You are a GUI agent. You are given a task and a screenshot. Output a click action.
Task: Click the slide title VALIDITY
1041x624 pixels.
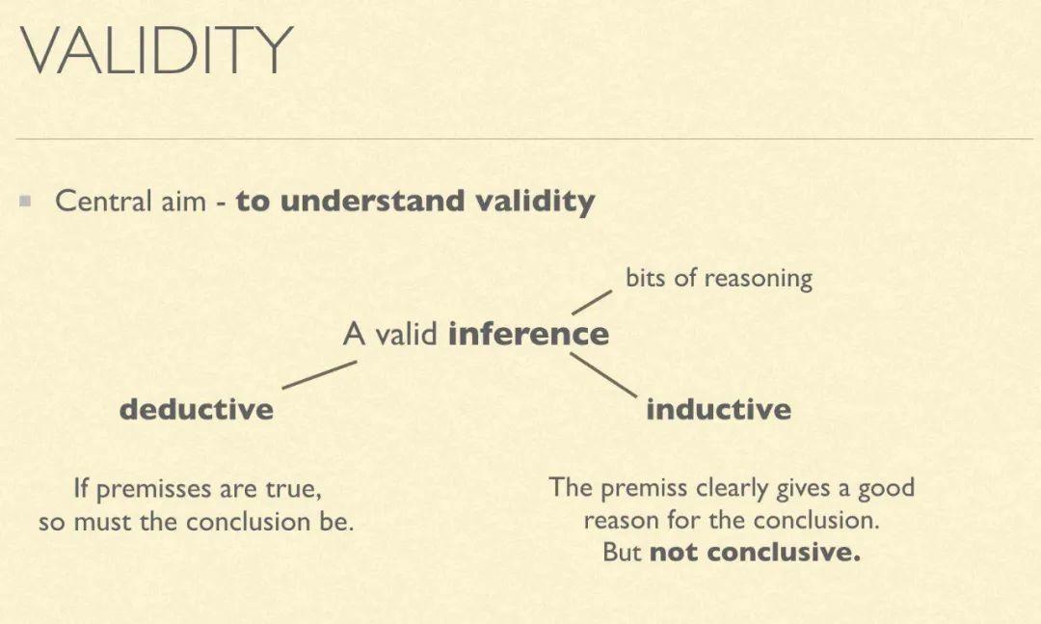point(157,50)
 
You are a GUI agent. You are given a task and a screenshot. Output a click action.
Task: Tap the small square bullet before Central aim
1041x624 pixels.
point(26,200)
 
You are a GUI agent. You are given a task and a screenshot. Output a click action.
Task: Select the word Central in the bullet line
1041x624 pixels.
point(103,201)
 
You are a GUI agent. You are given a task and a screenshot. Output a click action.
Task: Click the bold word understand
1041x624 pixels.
point(372,201)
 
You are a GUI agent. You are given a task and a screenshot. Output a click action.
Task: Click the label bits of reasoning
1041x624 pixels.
point(719,278)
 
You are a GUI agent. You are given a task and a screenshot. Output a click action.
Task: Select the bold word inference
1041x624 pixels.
point(528,333)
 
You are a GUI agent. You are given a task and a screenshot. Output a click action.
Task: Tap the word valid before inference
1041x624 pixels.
point(407,333)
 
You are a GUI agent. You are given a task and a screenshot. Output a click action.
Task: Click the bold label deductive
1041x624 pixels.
point(197,408)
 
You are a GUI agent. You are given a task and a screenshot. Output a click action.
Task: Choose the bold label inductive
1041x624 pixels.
point(718,408)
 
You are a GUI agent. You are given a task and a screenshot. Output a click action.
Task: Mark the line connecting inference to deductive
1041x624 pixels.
point(319,375)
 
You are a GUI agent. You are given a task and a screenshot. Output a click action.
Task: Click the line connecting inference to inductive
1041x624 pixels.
point(603,375)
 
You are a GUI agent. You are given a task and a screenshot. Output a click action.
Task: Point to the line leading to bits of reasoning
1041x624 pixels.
point(592,303)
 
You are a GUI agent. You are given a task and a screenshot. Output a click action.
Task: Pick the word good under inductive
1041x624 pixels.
point(887,488)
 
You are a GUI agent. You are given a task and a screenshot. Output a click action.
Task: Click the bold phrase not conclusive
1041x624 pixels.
point(755,552)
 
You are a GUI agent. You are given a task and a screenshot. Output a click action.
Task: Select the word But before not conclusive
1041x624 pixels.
point(622,552)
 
